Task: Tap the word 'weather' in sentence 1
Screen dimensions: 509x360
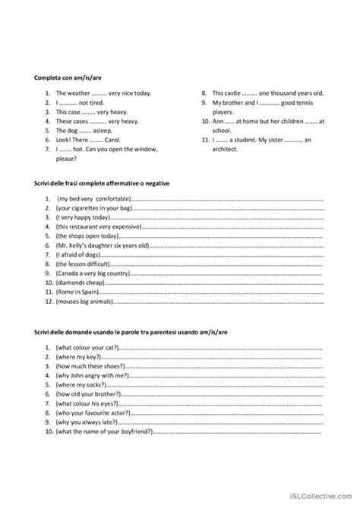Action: click(x=78, y=93)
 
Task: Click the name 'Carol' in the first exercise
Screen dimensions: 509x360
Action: click(x=118, y=139)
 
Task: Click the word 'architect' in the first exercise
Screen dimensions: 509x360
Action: click(x=225, y=149)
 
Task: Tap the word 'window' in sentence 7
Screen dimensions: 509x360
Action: click(x=149, y=149)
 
